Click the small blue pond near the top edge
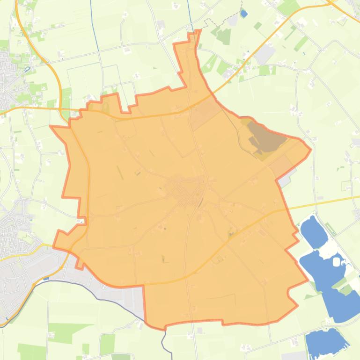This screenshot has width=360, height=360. tap(243, 14)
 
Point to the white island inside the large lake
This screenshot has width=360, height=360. tap(337, 261)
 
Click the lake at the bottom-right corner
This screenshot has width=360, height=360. tap(326, 342)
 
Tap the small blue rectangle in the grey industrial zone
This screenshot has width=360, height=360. tap(45, 279)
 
